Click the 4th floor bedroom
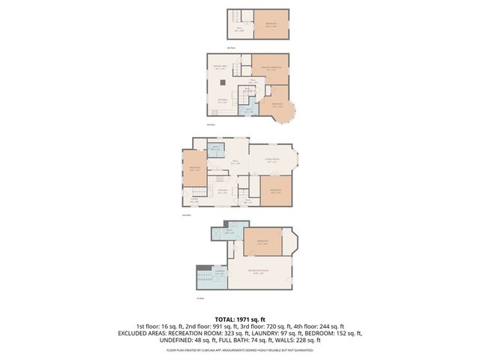point(271,24)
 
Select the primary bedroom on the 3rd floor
point(270,69)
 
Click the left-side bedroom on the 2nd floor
point(195,168)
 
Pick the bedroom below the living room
point(276,191)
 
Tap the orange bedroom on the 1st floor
point(262,243)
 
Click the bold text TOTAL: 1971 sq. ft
point(239,319)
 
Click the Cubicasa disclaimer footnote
point(239,349)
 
